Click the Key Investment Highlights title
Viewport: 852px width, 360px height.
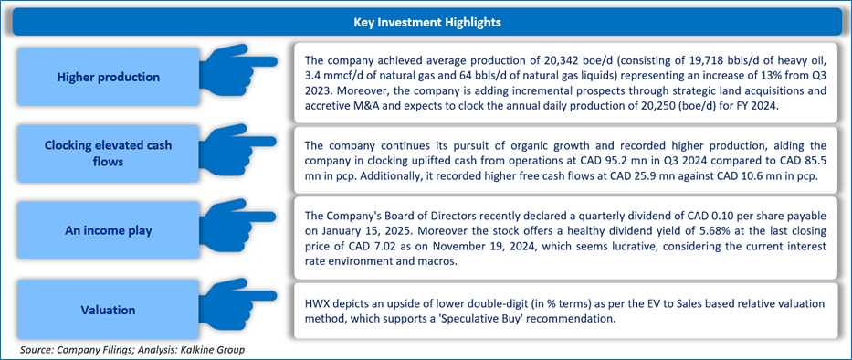point(426,22)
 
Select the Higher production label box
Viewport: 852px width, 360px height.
point(108,78)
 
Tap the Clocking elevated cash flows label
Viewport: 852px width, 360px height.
point(108,154)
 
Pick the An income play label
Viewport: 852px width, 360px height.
point(108,230)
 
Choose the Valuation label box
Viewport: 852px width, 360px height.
point(108,310)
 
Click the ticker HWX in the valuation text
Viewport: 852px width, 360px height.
point(316,303)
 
